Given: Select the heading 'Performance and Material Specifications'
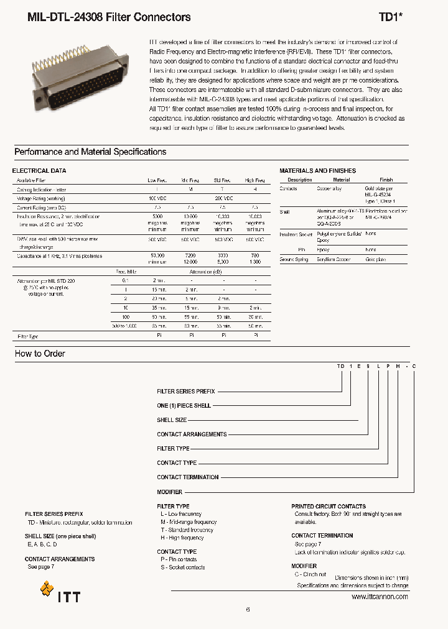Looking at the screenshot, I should [x=90, y=152].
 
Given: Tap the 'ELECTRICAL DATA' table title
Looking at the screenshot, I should [x=39, y=170].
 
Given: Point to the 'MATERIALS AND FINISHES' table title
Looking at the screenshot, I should [x=317, y=170].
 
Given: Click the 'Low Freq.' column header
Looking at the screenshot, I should [x=157, y=180].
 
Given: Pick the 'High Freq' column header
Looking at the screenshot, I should [x=255, y=180].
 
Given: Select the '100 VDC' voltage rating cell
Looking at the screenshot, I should [x=157, y=198].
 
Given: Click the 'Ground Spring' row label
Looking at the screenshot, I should [x=294, y=259].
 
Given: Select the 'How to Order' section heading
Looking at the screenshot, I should [x=40, y=354].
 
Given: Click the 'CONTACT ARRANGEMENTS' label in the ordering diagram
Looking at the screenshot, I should [x=192, y=434].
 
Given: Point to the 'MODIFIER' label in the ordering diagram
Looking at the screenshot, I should [x=170, y=492].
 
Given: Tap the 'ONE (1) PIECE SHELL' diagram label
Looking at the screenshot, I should [x=184, y=406].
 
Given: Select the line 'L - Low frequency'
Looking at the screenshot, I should [x=180, y=514].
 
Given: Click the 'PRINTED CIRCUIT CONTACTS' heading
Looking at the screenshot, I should [x=329, y=507].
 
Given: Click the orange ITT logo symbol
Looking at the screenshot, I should [x=47, y=589].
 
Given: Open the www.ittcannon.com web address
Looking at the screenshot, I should [x=380, y=597].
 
